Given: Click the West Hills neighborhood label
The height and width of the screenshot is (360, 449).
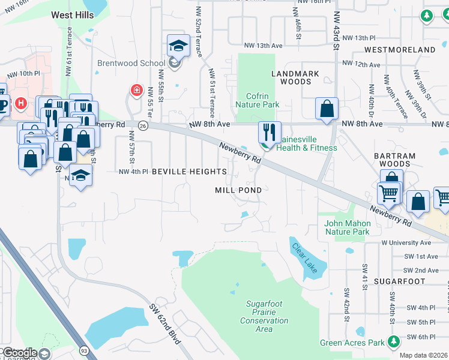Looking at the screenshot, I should coord(73,15).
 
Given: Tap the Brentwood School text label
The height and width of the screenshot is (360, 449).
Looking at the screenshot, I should coord(131,64).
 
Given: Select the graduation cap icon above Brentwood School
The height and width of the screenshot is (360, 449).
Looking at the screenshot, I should coord(178,46).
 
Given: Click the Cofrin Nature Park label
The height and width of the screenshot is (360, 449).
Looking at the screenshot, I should coord(263,100).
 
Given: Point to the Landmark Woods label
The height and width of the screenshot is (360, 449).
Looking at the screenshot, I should coord(295,77).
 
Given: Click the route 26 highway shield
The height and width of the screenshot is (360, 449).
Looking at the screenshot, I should coord(142,125).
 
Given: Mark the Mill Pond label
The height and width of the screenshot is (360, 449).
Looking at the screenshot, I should coord(238,190).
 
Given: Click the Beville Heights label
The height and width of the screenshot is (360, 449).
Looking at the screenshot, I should coord(188,172).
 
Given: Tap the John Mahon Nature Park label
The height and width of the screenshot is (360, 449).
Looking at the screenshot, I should coord(348,227).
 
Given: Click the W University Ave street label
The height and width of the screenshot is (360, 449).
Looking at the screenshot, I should coord(406,243).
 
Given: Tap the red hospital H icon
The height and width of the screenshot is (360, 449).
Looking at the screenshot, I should coord(21,103).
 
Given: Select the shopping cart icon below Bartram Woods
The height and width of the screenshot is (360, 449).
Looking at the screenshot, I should coord(388,193).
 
